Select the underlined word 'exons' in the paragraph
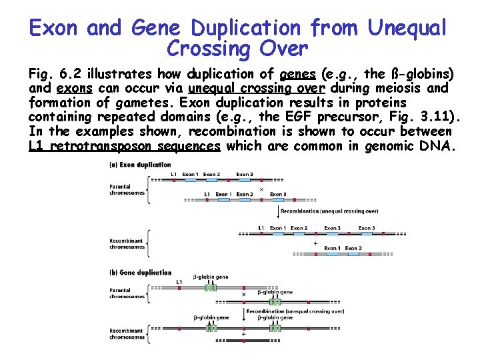click(74, 89)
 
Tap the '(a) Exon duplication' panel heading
click(140, 165)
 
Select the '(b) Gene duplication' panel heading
click(140, 273)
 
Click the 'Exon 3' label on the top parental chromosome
click(245, 175)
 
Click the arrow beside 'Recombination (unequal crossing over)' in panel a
click(277, 211)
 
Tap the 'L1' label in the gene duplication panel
click(179, 282)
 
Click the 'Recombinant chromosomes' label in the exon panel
click(127, 243)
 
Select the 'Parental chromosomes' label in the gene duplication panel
click(127, 293)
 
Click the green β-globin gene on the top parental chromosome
click(211, 287)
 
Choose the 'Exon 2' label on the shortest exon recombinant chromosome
click(353, 248)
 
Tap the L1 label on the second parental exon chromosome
click(207, 194)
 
